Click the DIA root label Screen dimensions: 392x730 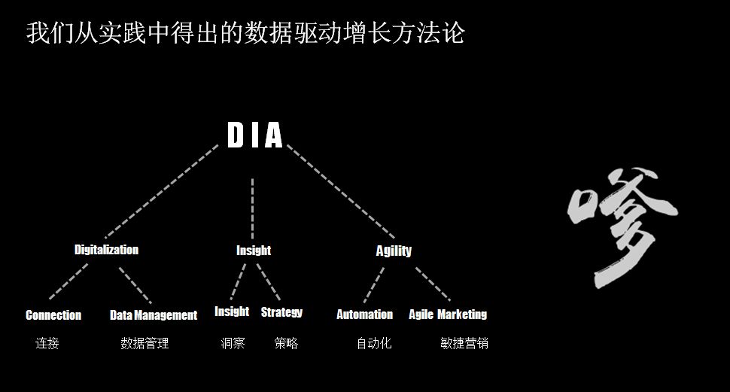(x=255, y=136)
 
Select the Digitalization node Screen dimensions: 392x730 (x=106, y=250)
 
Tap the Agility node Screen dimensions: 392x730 (x=394, y=251)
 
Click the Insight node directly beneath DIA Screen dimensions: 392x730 (x=254, y=251)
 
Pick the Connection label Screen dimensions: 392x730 (x=53, y=315)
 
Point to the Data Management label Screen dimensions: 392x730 (x=154, y=315)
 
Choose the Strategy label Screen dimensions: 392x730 (x=281, y=312)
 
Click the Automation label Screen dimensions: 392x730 (x=364, y=315)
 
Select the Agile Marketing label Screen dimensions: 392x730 (x=448, y=315)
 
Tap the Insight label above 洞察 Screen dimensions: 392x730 (x=232, y=311)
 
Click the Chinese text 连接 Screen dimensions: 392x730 (x=47, y=344)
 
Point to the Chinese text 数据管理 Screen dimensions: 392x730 (x=144, y=344)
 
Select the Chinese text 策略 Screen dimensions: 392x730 (x=286, y=344)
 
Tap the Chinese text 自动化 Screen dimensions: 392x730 (x=374, y=344)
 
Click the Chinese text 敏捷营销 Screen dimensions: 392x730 (x=464, y=344)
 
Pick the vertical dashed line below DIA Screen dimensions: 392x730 (x=252, y=199)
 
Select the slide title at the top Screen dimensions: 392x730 (x=245, y=33)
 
